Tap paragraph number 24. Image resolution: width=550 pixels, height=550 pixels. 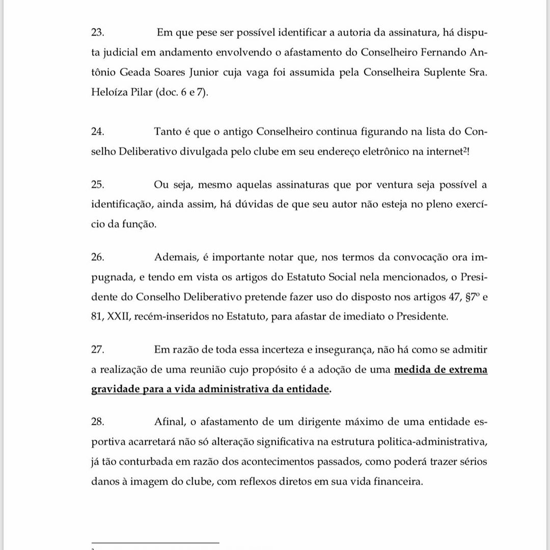(x=98, y=132)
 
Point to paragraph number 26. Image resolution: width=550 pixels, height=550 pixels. (x=98, y=257)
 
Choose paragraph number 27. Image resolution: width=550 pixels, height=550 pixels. (x=98, y=349)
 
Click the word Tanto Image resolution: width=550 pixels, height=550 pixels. (x=168, y=132)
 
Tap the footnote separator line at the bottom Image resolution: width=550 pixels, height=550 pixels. (x=155, y=543)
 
